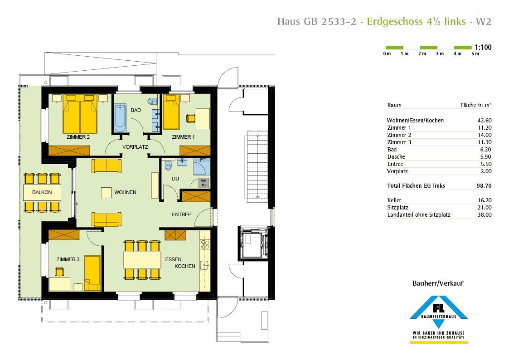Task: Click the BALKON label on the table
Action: click(x=42, y=192)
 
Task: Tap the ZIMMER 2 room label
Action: click(x=78, y=137)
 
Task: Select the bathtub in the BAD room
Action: click(x=120, y=118)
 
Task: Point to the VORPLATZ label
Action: click(x=135, y=147)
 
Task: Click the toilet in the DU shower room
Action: click(x=168, y=165)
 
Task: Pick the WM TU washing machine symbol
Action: click(x=204, y=183)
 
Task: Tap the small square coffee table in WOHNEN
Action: click(x=106, y=193)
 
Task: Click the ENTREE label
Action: click(x=181, y=214)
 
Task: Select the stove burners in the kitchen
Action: click(x=205, y=244)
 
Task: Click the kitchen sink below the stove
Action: click(x=204, y=265)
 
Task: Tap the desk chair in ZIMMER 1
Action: click(x=190, y=118)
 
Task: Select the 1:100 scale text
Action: click(x=483, y=48)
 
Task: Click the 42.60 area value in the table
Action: click(x=485, y=121)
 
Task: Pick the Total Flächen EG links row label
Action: click(x=416, y=186)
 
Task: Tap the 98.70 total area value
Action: click(x=484, y=186)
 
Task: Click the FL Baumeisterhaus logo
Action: click(x=438, y=319)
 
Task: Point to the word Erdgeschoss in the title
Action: click(x=395, y=21)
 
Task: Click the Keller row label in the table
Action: click(x=394, y=200)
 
